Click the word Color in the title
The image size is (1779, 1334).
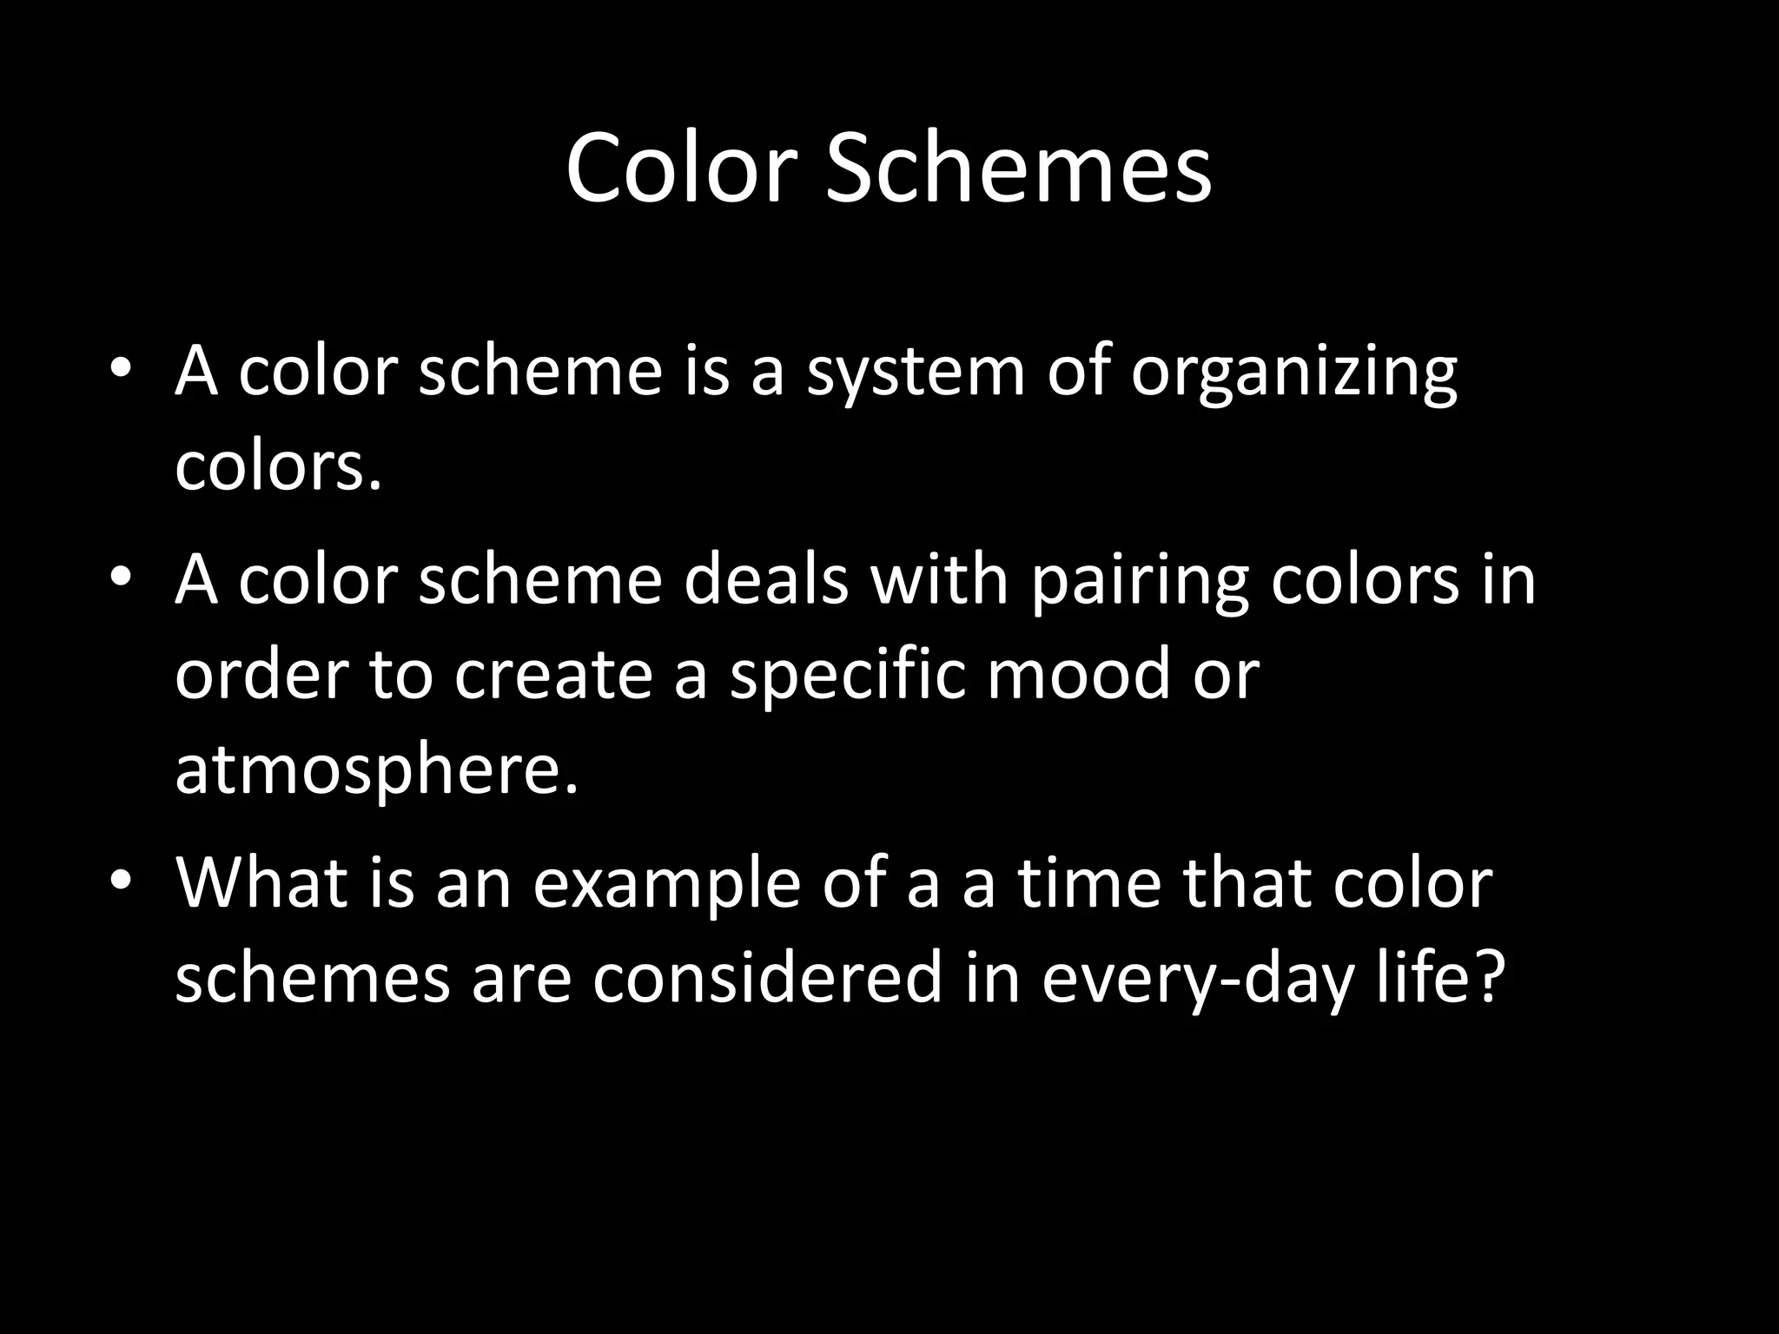681,168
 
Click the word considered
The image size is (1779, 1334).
769,979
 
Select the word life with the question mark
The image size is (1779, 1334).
1439,979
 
